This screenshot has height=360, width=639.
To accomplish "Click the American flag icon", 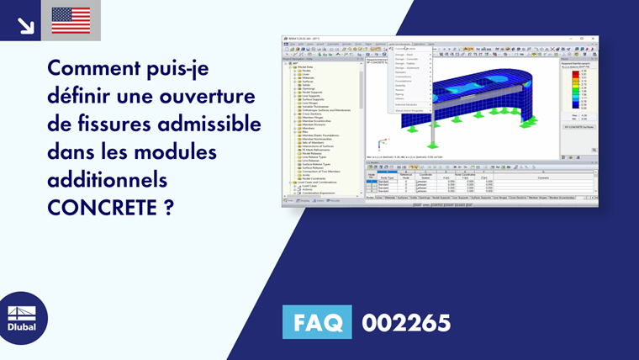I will point(71,20).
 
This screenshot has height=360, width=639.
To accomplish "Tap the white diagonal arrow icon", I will point(25,24).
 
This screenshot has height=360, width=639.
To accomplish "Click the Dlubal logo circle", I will point(23,318).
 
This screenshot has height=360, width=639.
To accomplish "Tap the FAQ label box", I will point(317,323).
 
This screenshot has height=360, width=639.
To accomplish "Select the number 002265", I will point(406,323).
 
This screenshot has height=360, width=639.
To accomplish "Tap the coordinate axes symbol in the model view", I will point(383,145).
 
